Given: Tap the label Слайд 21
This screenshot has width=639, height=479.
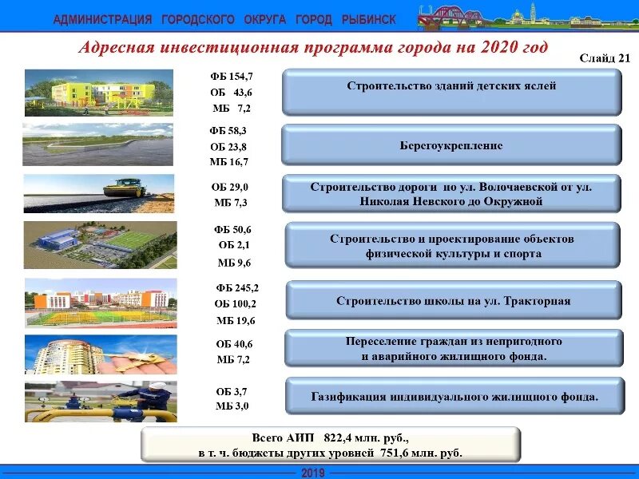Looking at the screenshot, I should [605, 58].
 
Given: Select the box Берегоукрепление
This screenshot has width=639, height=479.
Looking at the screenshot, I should [451, 145].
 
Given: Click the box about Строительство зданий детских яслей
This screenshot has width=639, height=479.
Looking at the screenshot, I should [451, 86].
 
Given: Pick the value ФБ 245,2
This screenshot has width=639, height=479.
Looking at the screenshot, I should [237, 287].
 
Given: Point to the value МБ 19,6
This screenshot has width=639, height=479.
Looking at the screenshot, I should [236, 320].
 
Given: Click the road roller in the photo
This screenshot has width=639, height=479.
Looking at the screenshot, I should [127, 189].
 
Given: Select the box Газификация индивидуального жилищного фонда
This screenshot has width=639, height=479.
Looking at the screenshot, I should [454, 396].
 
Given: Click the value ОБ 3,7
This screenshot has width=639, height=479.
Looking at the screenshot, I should [232, 391].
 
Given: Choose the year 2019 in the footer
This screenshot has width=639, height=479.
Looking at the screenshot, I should [312, 473].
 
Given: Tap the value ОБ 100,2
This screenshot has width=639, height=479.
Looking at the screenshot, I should [236, 303].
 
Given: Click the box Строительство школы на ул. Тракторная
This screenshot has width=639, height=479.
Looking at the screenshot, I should [453, 301].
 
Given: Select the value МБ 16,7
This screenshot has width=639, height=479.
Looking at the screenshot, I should [229, 161].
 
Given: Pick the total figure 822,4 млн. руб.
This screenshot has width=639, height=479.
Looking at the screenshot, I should [365, 438].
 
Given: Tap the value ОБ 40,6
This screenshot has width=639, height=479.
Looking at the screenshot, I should [234, 344].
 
